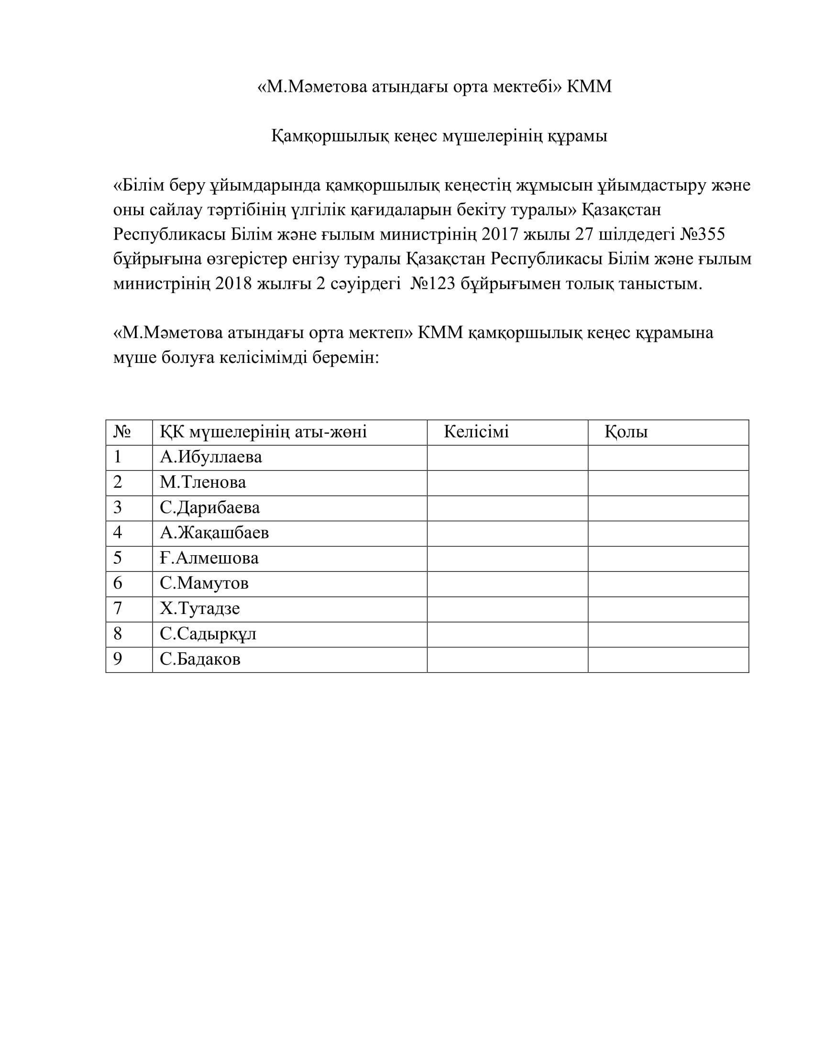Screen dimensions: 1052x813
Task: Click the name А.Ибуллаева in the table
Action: [x=210, y=457]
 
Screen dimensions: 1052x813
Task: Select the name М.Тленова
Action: [x=203, y=482]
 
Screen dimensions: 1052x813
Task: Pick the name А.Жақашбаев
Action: [x=214, y=533]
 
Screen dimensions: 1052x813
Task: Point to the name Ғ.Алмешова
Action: [x=209, y=558]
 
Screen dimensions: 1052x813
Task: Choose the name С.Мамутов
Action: [x=204, y=583]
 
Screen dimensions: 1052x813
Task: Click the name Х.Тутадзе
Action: [x=199, y=608]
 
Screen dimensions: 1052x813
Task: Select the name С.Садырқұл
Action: [x=208, y=634]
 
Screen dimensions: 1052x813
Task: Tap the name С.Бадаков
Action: [x=200, y=659]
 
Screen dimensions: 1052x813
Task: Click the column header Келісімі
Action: [x=476, y=432]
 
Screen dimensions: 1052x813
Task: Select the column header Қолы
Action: [x=626, y=432]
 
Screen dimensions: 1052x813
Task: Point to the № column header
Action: [x=122, y=432]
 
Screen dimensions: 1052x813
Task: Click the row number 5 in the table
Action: [x=118, y=558]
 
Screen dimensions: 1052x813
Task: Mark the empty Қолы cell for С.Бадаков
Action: [x=668, y=659]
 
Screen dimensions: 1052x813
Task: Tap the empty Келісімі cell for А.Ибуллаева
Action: [x=507, y=457]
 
